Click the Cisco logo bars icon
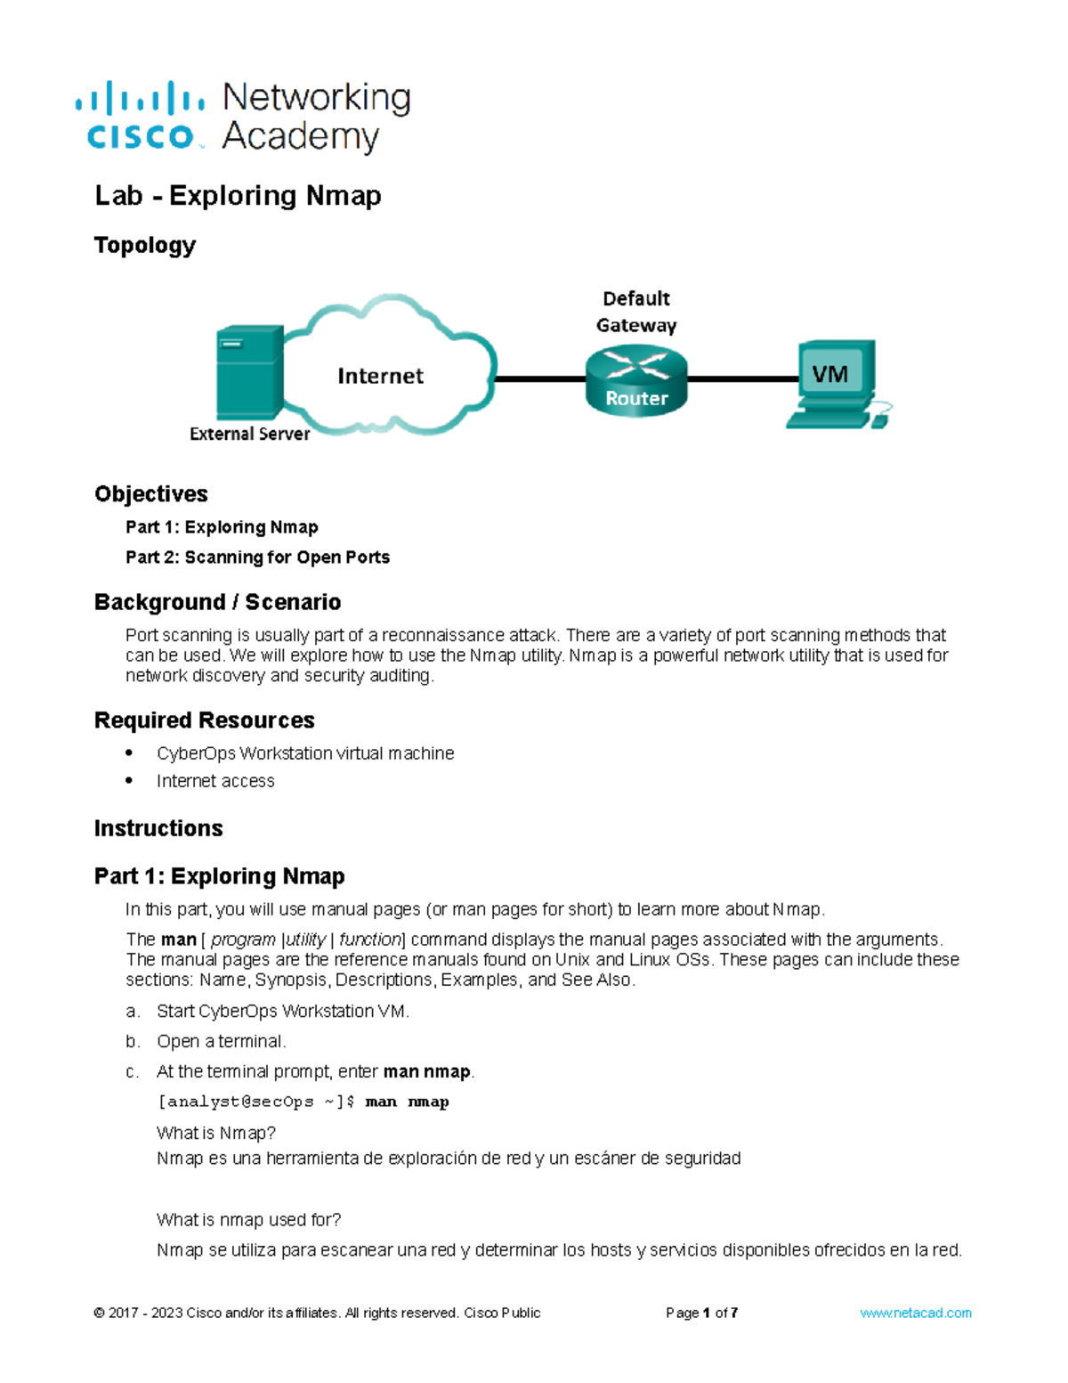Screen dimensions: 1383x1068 point(140,97)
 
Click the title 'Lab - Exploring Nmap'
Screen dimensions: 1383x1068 point(238,195)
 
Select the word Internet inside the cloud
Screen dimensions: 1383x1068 point(380,376)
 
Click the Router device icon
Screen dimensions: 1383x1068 point(636,381)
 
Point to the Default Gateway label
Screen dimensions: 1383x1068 point(636,312)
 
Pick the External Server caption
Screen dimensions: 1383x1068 point(249,434)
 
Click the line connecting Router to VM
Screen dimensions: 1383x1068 point(743,378)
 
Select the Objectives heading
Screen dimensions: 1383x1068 point(151,494)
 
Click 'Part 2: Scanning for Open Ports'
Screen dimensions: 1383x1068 point(257,557)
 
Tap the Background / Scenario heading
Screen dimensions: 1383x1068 point(217,603)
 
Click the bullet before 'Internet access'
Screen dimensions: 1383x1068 point(130,780)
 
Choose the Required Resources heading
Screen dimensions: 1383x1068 point(205,720)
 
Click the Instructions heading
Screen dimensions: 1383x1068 point(158,828)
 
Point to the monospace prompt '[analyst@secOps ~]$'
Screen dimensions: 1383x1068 point(256,1102)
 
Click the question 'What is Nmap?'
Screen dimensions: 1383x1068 point(216,1133)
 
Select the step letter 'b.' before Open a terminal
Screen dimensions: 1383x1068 point(133,1041)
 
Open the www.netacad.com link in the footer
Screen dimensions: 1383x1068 point(915,1313)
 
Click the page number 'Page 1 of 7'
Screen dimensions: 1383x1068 point(701,1313)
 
